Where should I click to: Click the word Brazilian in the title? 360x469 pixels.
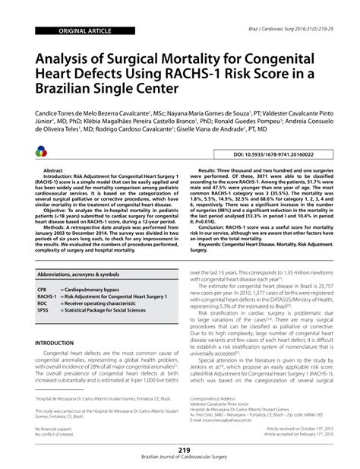(73, 88)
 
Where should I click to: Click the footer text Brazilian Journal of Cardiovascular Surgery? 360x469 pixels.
(180, 461)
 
